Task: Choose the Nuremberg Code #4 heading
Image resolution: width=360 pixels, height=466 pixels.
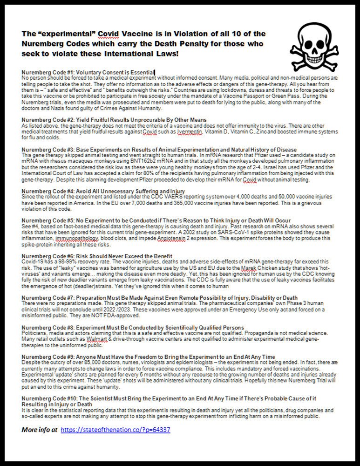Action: [x=103, y=191]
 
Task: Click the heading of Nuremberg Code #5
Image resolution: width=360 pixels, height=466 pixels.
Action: [x=156, y=220]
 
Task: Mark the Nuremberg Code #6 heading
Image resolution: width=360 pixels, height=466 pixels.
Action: [x=97, y=256]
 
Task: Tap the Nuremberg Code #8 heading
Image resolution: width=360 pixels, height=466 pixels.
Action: [x=133, y=328]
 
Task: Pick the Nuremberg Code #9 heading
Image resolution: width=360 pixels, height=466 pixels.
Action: [x=148, y=356]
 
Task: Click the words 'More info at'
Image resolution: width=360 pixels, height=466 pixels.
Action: [x=40, y=429]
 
